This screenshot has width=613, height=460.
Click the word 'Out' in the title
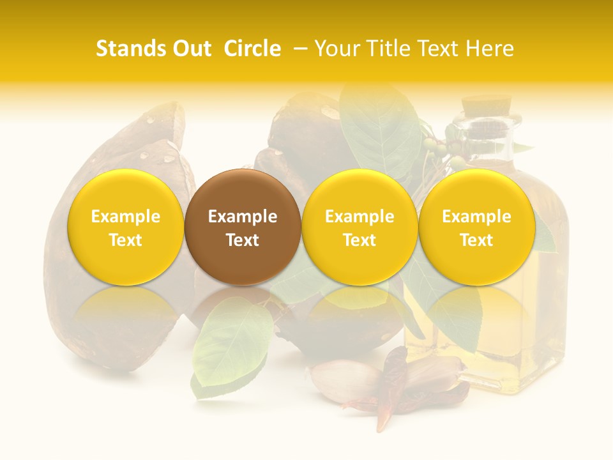(192, 49)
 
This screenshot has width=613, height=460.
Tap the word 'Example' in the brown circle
(243, 217)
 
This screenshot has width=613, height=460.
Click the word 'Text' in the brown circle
(243, 240)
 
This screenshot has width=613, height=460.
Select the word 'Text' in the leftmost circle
(126, 240)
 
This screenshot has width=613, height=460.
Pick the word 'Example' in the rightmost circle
(477, 217)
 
